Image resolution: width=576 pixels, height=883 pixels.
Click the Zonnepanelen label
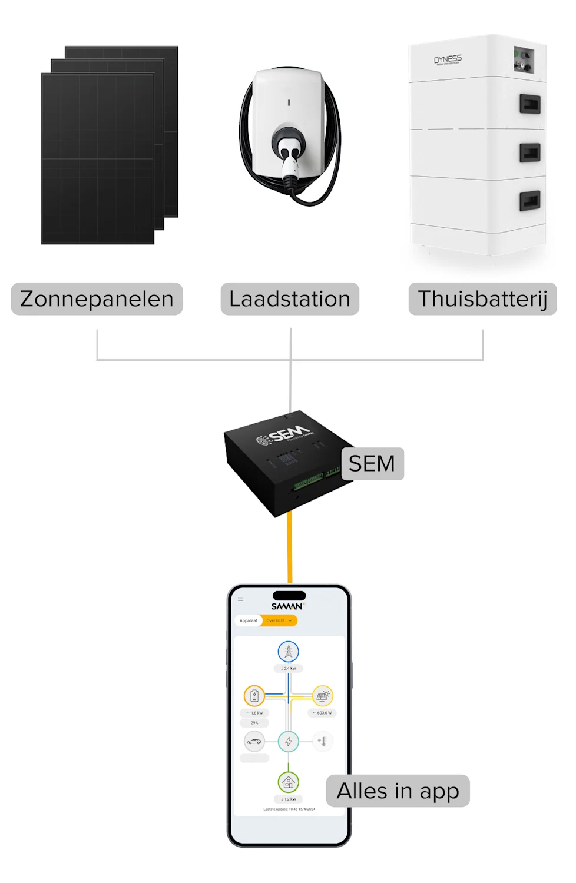[97, 299]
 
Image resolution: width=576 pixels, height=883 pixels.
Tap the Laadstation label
[290, 299]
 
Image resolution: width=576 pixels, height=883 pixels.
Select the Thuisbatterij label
[482, 299]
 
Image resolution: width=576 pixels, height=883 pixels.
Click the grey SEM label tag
[372, 464]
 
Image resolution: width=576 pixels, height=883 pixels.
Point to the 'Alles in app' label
[398, 791]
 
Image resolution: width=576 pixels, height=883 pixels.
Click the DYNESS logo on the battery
[448, 59]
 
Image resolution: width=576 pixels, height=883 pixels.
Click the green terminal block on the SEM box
[307, 483]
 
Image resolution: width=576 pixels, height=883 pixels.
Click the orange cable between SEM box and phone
[290, 547]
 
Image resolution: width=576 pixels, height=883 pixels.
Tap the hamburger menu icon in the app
[240, 599]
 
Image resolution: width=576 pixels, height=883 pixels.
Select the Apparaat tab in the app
[249, 620]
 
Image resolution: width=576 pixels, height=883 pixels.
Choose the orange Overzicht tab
[279, 620]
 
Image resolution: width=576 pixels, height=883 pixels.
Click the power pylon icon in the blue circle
[289, 652]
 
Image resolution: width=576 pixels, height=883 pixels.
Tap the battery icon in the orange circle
[254, 696]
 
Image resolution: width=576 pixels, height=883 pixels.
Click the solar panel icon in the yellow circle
[322, 696]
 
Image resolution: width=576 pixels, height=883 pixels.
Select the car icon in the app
[254, 741]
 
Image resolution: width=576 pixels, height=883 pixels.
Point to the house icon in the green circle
[289, 782]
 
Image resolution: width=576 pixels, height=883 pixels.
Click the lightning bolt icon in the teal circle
[289, 741]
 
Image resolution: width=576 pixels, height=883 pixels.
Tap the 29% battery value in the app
[254, 723]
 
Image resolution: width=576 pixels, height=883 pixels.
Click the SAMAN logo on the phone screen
[287, 606]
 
